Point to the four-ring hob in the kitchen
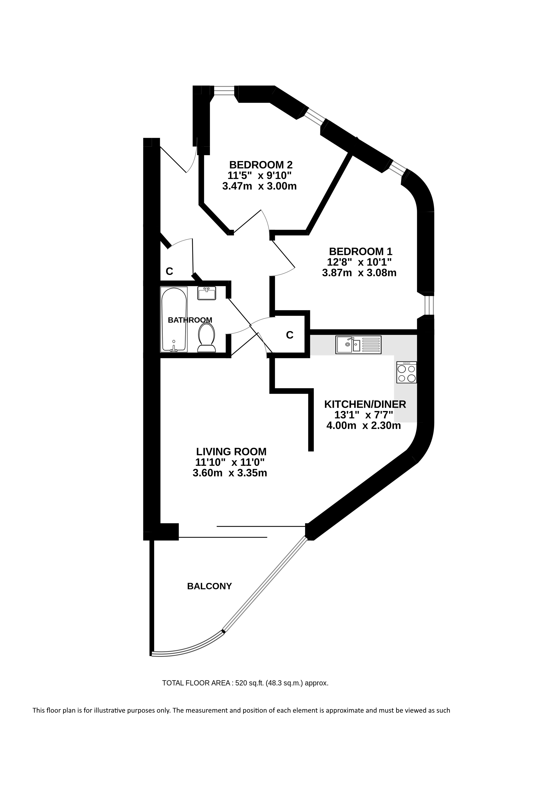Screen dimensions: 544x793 [x=407, y=372]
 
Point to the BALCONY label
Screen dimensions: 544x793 [x=209, y=586]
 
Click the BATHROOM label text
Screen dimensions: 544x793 [x=190, y=320]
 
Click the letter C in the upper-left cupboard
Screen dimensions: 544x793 [x=169, y=271]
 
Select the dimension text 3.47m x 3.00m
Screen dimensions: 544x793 [x=259, y=186]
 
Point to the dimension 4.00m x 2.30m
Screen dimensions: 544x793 [x=364, y=426]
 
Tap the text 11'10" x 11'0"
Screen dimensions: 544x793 [x=230, y=462]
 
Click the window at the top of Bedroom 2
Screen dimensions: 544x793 [x=224, y=90]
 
